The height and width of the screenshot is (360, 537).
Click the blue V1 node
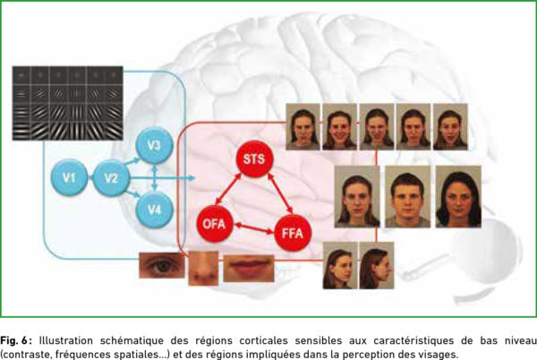(69, 177)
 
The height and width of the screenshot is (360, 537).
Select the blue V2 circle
(111, 178)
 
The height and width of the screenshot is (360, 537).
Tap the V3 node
(154, 145)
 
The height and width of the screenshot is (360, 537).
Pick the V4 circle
(154, 210)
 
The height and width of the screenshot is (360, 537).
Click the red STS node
(254, 159)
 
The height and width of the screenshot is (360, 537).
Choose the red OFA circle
(215, 224)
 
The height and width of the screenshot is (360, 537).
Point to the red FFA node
(293, 233)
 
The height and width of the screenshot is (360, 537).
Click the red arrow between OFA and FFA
(254, 228)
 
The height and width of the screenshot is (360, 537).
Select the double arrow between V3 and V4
(155, 177)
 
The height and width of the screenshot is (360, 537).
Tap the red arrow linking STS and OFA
(228, 190)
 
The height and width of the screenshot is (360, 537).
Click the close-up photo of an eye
(162, 265)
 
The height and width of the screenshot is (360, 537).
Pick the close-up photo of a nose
(203, 268)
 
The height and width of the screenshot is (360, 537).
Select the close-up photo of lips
(249, 268)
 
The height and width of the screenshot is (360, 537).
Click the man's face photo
(407, 197)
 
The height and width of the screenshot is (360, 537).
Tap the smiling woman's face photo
(340, 127)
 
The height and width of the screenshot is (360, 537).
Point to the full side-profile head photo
(377, 265)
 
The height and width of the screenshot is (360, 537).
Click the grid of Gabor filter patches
(68, 103)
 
